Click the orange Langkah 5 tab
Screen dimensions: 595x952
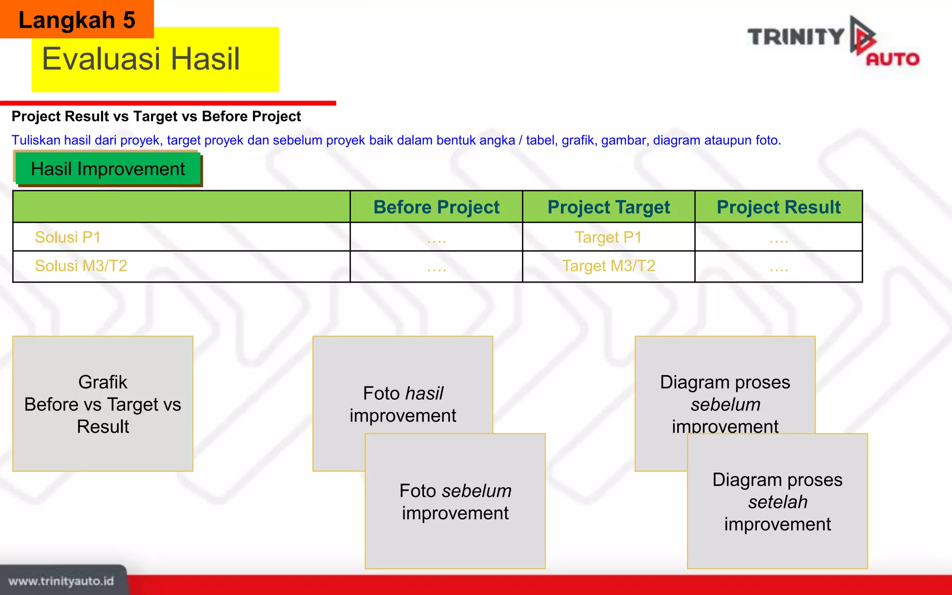point(77,20)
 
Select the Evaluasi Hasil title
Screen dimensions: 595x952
point(141,59)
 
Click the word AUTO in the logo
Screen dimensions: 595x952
point(892,59)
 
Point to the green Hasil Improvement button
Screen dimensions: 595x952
point(108,169)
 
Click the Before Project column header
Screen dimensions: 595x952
point(436,207)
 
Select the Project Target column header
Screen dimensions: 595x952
point(608,207)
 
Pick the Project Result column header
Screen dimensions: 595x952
point(779,207)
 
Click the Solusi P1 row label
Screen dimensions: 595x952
point(68,237)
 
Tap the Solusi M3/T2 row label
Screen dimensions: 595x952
point(81,266)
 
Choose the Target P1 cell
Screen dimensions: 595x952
point(608,237)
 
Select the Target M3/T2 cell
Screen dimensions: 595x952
point(608,266)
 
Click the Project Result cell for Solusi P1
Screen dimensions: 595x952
point(779,238)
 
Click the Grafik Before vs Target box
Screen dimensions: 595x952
point(103,403)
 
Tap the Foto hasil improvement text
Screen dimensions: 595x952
point(403,404)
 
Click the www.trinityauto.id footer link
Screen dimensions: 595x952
point(61,581)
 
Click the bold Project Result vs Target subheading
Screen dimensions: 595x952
point(156,116)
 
